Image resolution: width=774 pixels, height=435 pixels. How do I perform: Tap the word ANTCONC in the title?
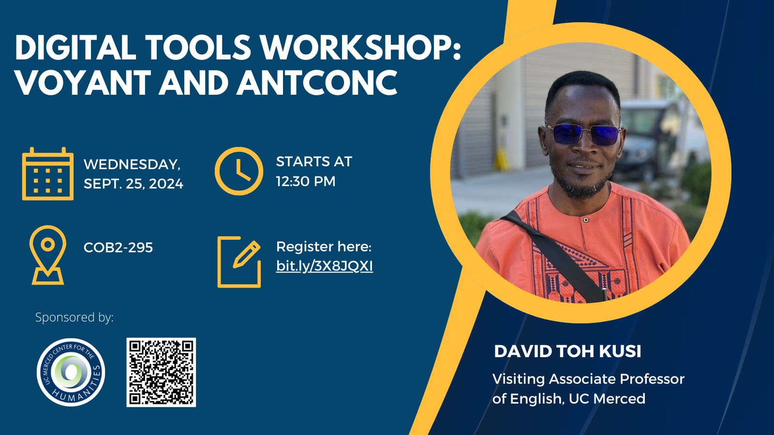[317, 82]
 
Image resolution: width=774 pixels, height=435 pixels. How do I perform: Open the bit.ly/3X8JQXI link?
[325, 266]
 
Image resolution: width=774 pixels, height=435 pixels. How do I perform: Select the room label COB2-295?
[118, 247]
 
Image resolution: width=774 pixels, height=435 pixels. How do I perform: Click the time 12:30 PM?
[306, 181]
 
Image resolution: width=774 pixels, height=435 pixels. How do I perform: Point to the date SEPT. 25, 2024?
[134, 184]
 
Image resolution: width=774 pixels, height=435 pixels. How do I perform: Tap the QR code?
[161, 372]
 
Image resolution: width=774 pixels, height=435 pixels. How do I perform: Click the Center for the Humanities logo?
[71, 372]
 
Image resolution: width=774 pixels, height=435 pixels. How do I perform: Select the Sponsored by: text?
[74, 317]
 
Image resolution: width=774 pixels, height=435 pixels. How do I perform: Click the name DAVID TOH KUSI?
[567, 351]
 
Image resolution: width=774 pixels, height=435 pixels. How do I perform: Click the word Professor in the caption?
[652, 379]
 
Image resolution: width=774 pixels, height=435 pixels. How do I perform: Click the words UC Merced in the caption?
[607, 399]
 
